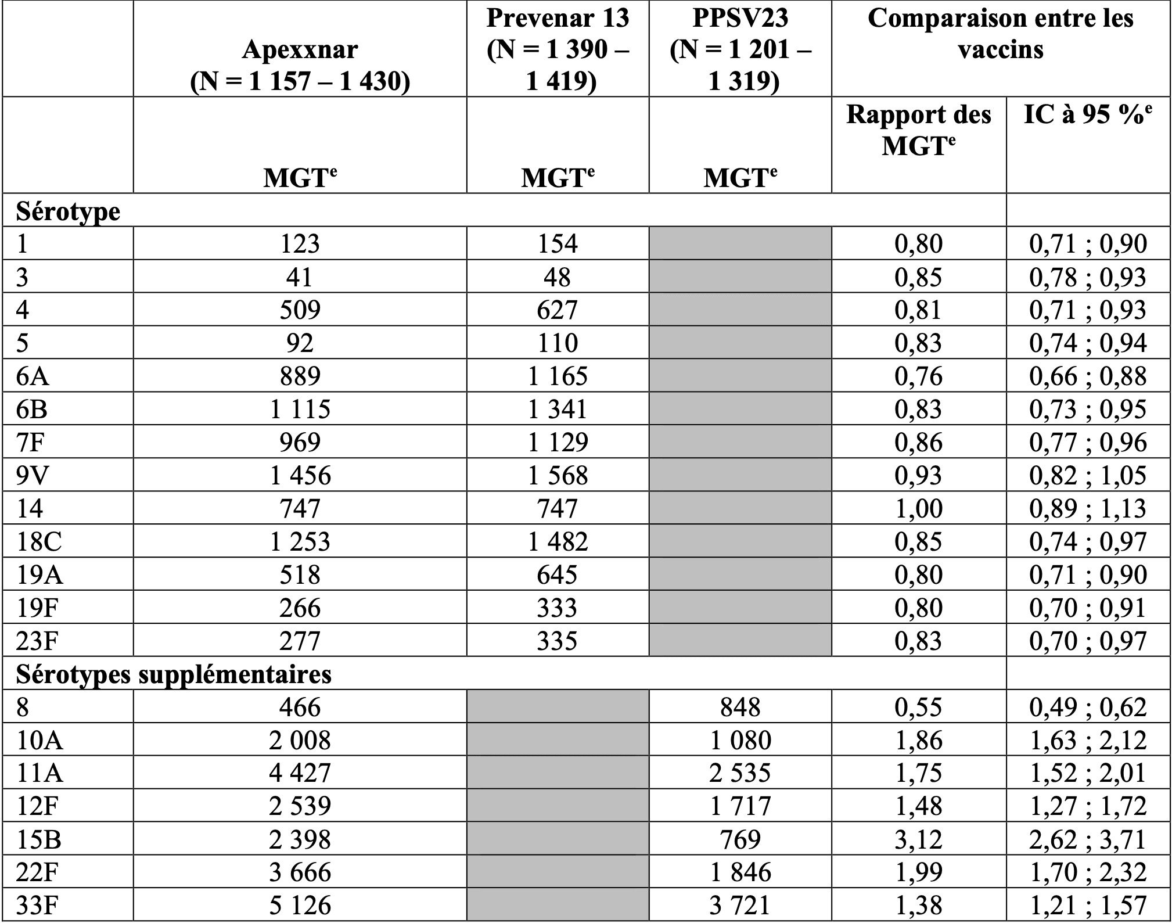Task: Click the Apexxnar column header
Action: point(300,65)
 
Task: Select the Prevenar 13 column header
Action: point(558,49)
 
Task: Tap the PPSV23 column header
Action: point(740,49)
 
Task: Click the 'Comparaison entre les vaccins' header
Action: point(1000,33)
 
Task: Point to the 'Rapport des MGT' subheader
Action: point(918,130)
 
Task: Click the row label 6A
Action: point(33,376)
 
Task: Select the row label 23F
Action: point(37,641)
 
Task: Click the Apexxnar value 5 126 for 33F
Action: point(300,905)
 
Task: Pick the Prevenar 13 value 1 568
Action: point(558,475)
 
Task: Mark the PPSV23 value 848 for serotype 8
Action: point(740,707)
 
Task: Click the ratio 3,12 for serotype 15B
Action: point(918,839)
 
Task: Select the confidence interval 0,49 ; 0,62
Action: point(1088,707)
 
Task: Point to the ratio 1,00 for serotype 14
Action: point(918,508)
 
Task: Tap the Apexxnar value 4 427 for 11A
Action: point(300,773)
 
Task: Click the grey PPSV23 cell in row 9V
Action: point(740,475)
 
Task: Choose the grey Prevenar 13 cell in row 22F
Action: point(558,872)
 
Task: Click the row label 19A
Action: point(39,574)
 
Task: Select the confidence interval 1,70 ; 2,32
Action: point(1088,872)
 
